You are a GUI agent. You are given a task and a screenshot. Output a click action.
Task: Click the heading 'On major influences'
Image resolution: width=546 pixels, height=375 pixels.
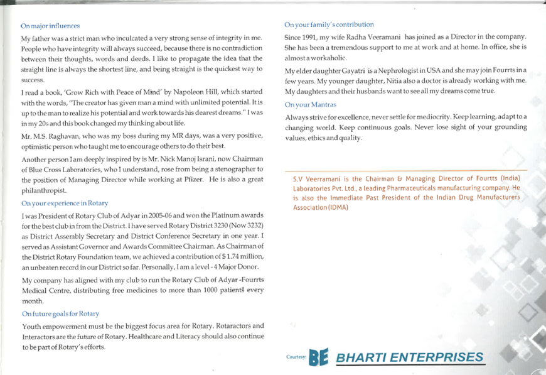(50, 26)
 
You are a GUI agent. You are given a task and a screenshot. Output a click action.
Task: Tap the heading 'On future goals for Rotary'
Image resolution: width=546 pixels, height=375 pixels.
(60, 313)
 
